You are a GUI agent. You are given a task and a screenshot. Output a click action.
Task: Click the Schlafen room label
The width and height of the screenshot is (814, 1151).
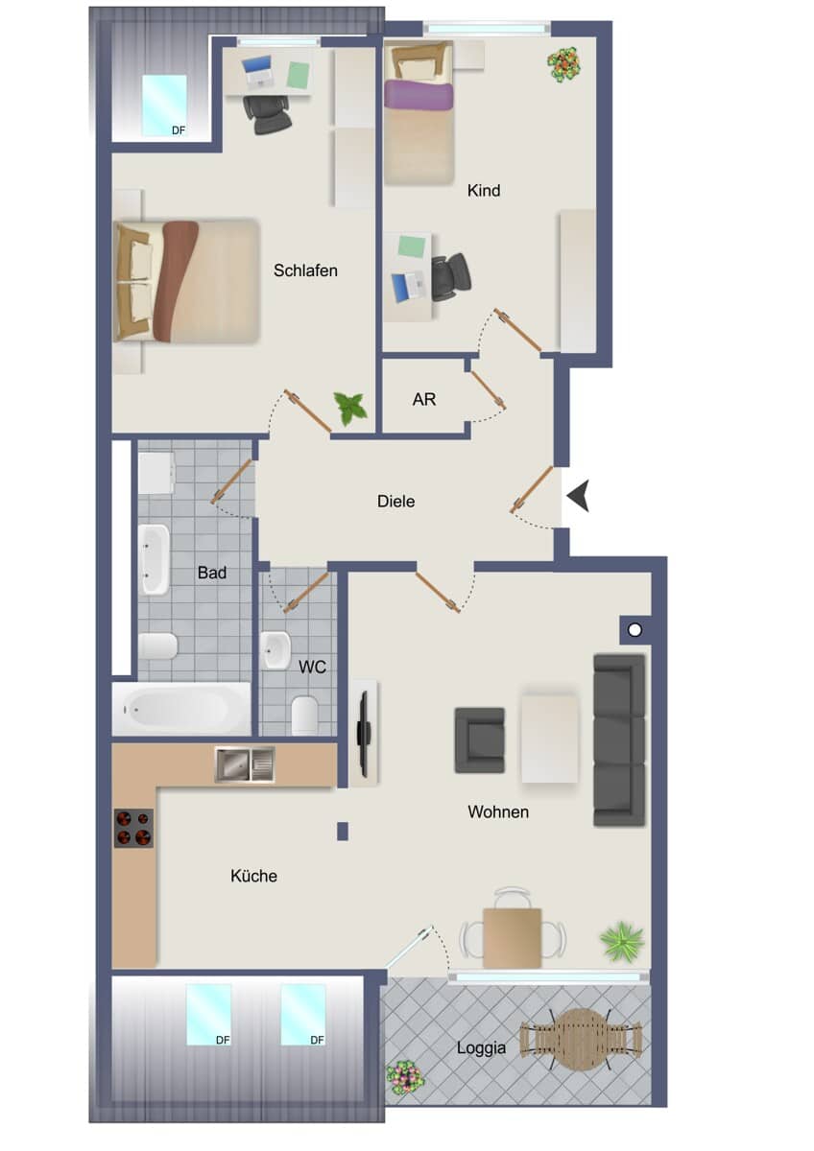click(x=305, y=270)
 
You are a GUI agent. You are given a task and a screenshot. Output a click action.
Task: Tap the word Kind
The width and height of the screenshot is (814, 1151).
click(x=484, y=191)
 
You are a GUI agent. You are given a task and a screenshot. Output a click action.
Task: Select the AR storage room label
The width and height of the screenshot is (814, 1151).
click(x=423, y=399)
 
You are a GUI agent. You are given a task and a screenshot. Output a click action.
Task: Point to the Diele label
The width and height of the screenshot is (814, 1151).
click(x=395, y=501)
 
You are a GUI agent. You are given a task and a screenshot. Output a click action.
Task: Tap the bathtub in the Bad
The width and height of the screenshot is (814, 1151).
click(x=181, y=709)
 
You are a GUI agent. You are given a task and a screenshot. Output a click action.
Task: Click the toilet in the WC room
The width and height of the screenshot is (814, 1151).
click(x=304, y=716)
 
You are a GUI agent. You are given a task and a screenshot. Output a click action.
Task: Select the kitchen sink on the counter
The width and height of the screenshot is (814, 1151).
click(x=245, y=764)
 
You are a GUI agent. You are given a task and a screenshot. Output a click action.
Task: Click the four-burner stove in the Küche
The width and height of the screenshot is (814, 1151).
click(x=133, y=828)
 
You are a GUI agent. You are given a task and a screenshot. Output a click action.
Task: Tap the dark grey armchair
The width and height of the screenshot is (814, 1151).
click(x=479, y=740)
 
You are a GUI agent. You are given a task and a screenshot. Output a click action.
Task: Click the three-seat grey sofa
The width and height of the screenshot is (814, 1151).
click(x=619, y=740)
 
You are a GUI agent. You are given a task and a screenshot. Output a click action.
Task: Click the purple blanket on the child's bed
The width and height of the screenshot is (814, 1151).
click(x=419, y=96)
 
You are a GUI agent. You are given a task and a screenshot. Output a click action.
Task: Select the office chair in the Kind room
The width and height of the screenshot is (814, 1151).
click(x=450, y=277)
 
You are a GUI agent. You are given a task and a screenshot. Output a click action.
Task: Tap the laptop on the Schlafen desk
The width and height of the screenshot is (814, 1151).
click(x=257, y=71)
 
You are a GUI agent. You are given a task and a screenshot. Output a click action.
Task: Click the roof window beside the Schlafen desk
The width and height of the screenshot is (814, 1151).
click(x=164, y=106)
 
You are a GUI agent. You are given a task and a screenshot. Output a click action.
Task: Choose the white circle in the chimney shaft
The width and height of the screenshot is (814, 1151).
click(x=635, y=630)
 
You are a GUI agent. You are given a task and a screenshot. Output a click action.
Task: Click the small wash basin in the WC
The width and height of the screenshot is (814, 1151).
click(x=275, y=650)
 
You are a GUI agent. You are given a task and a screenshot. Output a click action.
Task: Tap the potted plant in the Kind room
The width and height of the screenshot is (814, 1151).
click(x=563, y=64)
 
